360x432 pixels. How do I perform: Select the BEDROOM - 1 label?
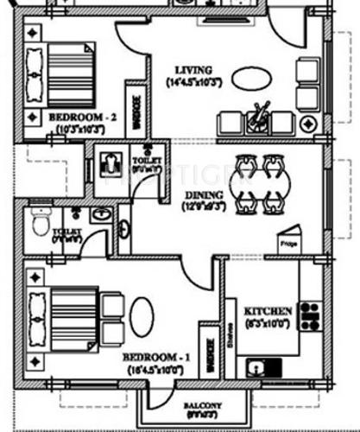153,356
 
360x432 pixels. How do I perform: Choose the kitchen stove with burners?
309,316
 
